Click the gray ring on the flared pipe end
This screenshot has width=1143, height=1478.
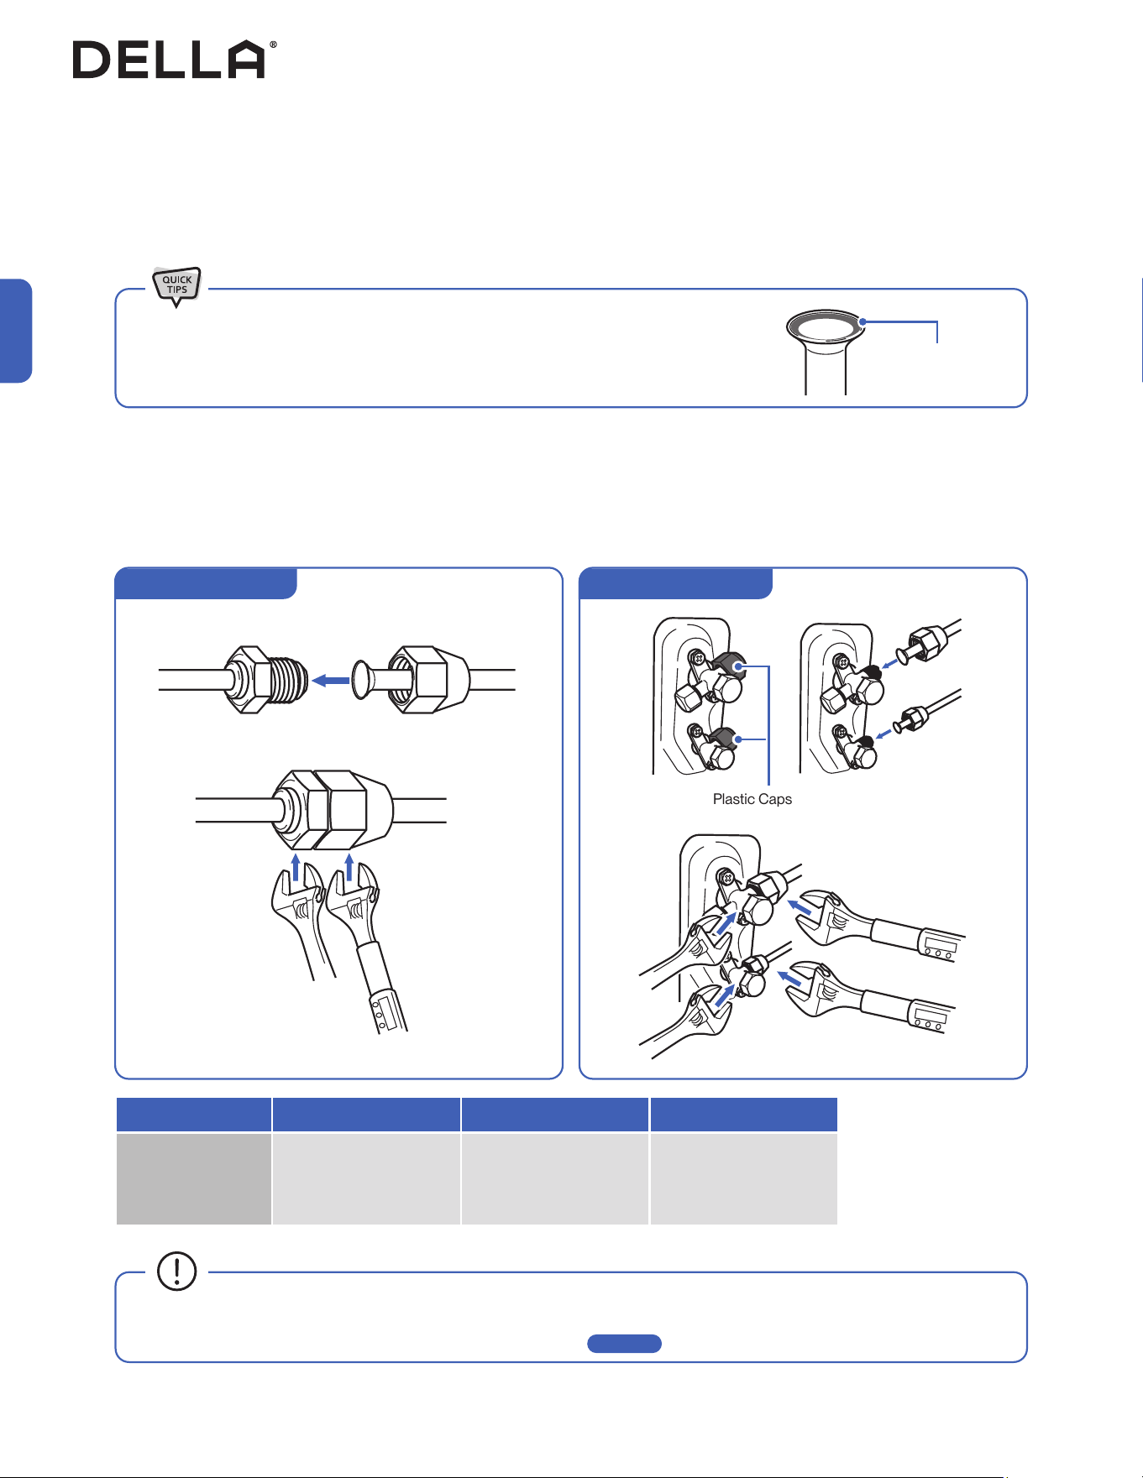(826, 325)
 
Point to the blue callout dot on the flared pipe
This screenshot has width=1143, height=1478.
(862, 321)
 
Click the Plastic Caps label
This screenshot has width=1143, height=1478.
(752, 799)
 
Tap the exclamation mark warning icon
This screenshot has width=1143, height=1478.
(176, 1271)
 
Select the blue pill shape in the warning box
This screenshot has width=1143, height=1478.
(624, 1344)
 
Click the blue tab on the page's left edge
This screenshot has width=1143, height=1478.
(15, 331)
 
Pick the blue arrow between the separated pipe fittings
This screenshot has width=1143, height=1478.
(331, 681)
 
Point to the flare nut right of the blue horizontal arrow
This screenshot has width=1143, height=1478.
(428, 679)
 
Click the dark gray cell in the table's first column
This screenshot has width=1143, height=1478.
(193, 1178)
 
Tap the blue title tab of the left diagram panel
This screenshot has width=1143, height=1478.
(206, 583)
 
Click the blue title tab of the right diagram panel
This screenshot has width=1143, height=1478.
(676, 583)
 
